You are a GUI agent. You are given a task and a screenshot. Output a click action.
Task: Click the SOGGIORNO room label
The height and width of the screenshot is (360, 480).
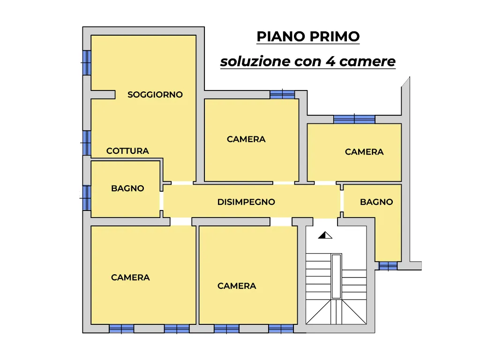click(x=155, y=95)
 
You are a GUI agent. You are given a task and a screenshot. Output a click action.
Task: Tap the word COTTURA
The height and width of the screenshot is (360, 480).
click(x=127, y=151)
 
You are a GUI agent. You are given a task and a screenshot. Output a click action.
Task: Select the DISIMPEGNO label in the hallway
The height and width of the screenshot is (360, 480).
click(x=246, y=202)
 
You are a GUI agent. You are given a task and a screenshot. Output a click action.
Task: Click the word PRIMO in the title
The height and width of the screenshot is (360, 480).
click(x=334, y=37)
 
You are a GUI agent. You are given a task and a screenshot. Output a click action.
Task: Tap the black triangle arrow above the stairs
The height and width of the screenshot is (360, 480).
click(x=325, y=235)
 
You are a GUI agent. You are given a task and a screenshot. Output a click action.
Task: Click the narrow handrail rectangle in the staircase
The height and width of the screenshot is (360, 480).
click(x=336, y=276)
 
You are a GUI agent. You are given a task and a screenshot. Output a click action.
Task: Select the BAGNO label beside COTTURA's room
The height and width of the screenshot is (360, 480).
click(x=127, y=188)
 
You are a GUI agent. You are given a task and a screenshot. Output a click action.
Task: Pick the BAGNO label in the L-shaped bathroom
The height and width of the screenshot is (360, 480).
click(x=376, y=202)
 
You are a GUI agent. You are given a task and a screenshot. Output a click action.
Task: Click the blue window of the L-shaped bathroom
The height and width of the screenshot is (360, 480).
click(x=388, y=266)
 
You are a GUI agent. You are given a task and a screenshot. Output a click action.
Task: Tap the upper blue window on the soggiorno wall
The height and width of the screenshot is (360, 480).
click(x=87, y=63)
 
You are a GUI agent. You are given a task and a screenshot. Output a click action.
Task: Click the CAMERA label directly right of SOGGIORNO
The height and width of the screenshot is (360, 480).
click(x=246, y=139)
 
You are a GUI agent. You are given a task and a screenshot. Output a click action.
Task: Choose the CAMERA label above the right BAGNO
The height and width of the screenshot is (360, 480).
click(x=364, y=152)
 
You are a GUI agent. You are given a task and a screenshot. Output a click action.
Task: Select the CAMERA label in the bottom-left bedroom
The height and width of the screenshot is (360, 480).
click(x=130, y=277)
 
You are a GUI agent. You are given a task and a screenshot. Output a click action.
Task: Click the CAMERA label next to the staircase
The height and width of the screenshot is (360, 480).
click(x=237, y=286)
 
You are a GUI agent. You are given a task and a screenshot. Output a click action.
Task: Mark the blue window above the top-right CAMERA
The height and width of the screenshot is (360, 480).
click(x=354, y=120)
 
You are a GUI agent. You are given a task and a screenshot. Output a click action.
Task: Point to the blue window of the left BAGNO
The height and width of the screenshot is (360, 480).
click(x=87, y=198)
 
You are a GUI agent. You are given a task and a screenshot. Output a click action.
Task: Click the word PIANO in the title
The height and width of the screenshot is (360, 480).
click(x=281, y=37)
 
